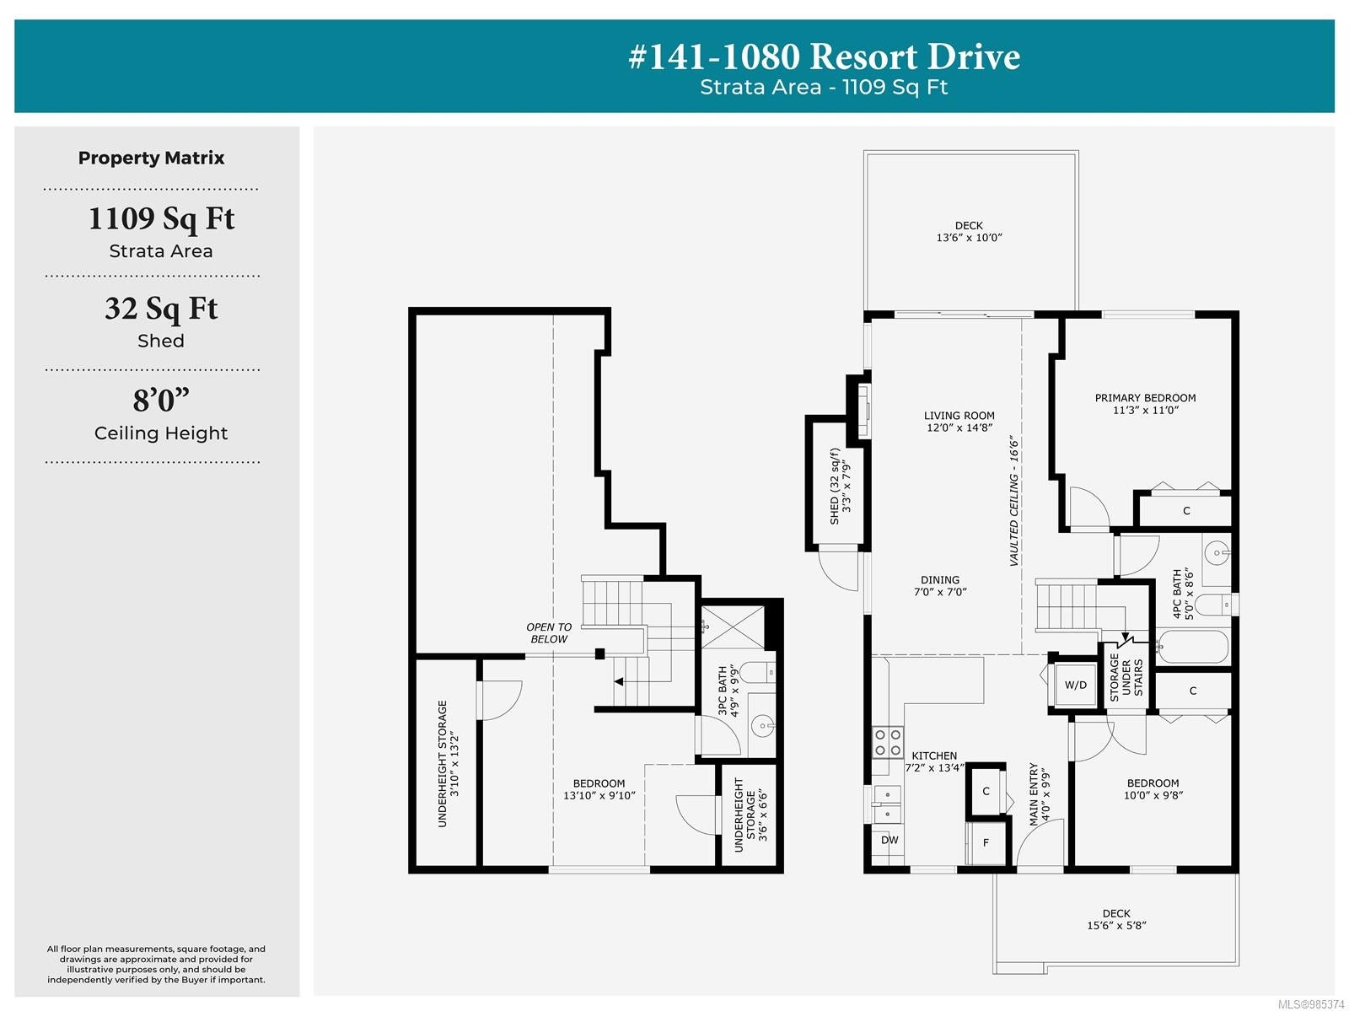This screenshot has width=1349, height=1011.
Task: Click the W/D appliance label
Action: [1075, 685]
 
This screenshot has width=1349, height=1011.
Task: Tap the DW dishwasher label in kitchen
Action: [889, 840]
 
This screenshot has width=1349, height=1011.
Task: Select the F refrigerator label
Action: [986, 842]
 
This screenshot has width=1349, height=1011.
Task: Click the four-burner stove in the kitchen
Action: [888, 742]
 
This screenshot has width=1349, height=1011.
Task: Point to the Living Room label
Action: [959, 421]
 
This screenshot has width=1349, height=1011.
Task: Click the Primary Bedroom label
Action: [1145, 404]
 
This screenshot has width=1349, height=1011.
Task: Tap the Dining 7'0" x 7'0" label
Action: [940, 586]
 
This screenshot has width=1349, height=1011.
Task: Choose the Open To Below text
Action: [549, 633]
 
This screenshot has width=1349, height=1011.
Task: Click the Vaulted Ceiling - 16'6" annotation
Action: [1013, 502]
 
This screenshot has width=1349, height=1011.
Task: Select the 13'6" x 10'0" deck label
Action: [969, 231]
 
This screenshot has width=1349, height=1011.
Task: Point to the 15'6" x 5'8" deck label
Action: [1116, 919]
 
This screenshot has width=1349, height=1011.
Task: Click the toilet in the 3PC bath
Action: [757, 674]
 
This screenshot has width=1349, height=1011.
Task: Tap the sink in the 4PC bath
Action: [1217, 553]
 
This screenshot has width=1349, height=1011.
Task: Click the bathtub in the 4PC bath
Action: [1191, 647]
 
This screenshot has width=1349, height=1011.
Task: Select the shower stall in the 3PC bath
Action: [734, 626]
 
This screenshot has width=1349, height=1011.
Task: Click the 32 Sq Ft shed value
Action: [161, 309]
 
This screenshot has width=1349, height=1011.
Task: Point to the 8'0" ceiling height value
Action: [161, 400]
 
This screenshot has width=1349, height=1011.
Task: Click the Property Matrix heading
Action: [151, 158]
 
